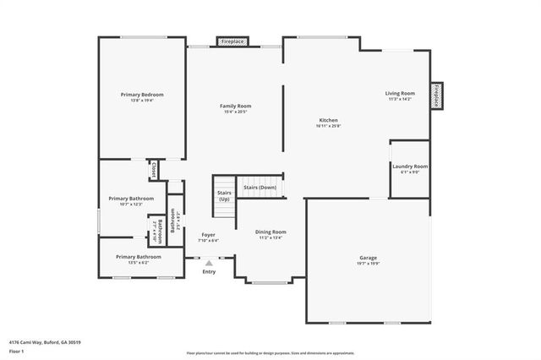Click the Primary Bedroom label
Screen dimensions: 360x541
click(142, 95)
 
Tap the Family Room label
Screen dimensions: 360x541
click(235, 106)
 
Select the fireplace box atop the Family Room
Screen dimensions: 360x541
click(232, 41)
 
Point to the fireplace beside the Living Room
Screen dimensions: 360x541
click(436, 96)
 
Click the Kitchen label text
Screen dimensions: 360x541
click(329, 120)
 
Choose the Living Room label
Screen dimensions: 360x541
click(400, 93)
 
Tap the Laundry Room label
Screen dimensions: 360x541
click(410, 166)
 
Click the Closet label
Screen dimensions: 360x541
click(153, 170)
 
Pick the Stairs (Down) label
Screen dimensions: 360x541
click(260, 187)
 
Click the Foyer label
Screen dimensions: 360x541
click(208, 235)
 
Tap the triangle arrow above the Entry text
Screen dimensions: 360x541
click(209, 264)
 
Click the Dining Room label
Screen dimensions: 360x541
click(272, 232)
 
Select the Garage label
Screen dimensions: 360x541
click(368, 257)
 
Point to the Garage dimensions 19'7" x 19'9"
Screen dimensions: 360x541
click(368, 263)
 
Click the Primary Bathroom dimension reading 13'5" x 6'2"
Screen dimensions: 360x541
click(138, 262)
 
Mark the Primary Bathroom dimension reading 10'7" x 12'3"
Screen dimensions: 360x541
click(130, 205)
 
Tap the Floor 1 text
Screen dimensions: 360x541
click(17, 350)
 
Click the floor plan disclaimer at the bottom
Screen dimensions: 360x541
click(270, 352)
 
